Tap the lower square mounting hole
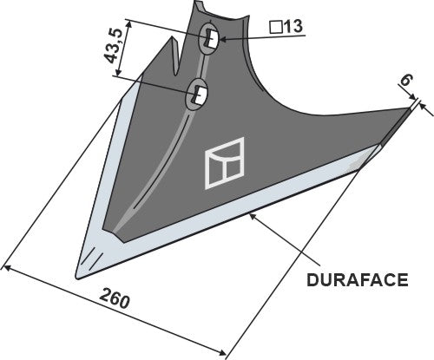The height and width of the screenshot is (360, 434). tap(200, 91)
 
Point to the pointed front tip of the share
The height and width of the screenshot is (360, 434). tap(79, 275)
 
